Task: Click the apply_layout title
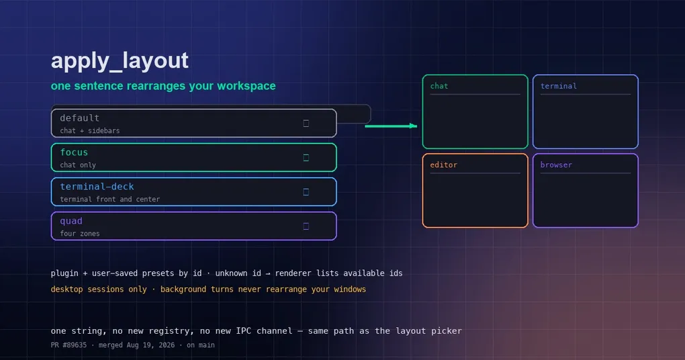[x=120, y=61]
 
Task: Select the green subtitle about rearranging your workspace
[x=163, y=86]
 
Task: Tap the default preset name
[x=79, y=118]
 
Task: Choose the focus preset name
[x=74, y=152]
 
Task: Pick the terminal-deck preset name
[x=97, y=187]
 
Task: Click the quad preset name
[x=71, y=221]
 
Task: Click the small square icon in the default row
[x=306, y=123]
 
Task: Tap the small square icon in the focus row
[x=306, y=158]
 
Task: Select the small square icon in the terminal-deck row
[x=306, y=192]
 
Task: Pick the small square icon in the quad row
[x=306, y=226]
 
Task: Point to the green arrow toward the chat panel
[x=391, y=126]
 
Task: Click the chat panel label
[x=439, y=86]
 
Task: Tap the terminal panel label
[x=558, y=86]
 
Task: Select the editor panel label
[x=444, y=165]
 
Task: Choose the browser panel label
[x=556, y=165]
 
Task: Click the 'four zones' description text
[x=80, y=234]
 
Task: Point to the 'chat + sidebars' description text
[x=90, y=130]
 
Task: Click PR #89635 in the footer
[x=68, y=345]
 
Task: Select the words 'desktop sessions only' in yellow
[x=99, y=289]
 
